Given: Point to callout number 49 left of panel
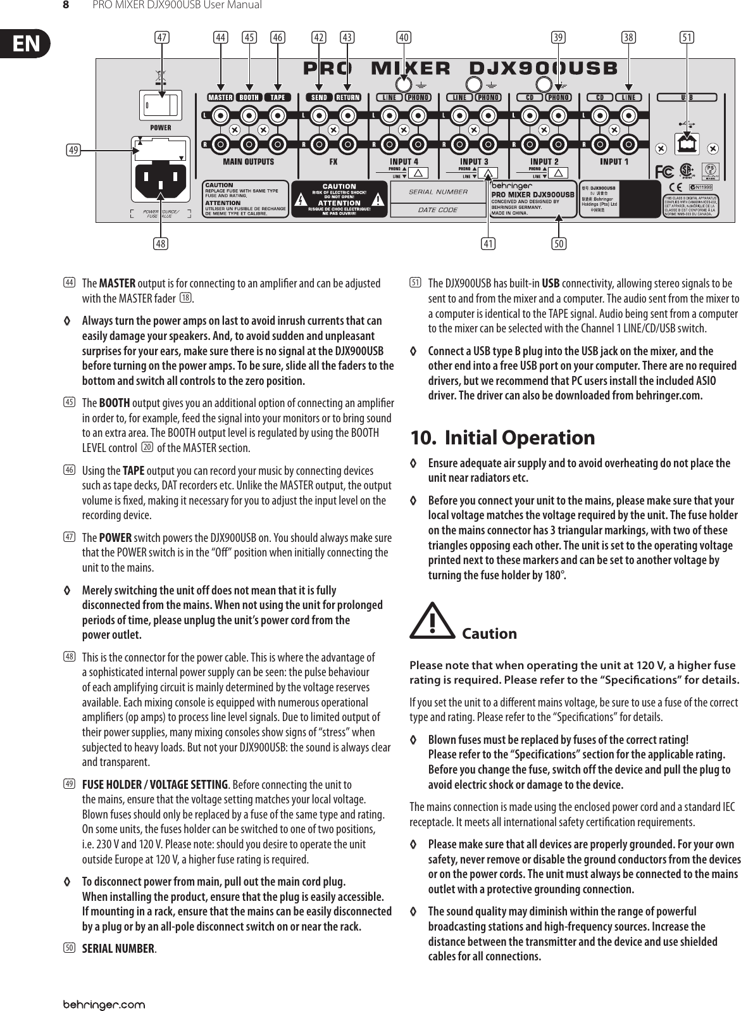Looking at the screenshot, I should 74,150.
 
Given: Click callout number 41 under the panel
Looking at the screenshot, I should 488,242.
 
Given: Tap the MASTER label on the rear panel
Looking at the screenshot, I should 220,97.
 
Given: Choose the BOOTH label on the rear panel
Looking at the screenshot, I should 249,97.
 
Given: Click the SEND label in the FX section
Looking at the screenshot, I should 319,97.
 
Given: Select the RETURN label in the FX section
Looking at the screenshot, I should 347,97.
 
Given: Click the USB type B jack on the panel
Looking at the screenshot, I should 686,144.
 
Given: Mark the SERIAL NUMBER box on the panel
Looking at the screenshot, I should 438,192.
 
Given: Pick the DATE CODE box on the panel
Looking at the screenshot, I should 438,210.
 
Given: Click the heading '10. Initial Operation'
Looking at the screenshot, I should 502,437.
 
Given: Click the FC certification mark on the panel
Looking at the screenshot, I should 664,172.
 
